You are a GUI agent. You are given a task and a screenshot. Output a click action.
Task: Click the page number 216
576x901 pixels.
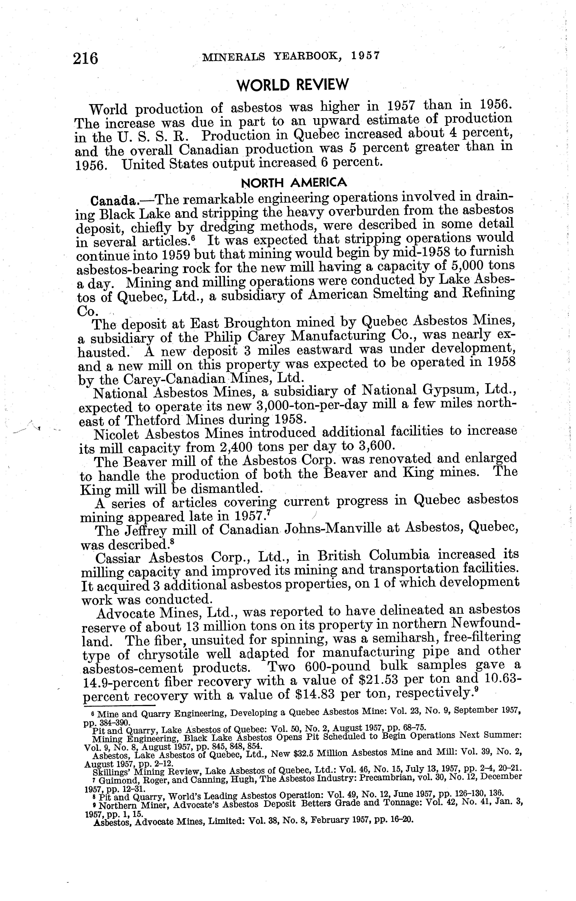[86, 59]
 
